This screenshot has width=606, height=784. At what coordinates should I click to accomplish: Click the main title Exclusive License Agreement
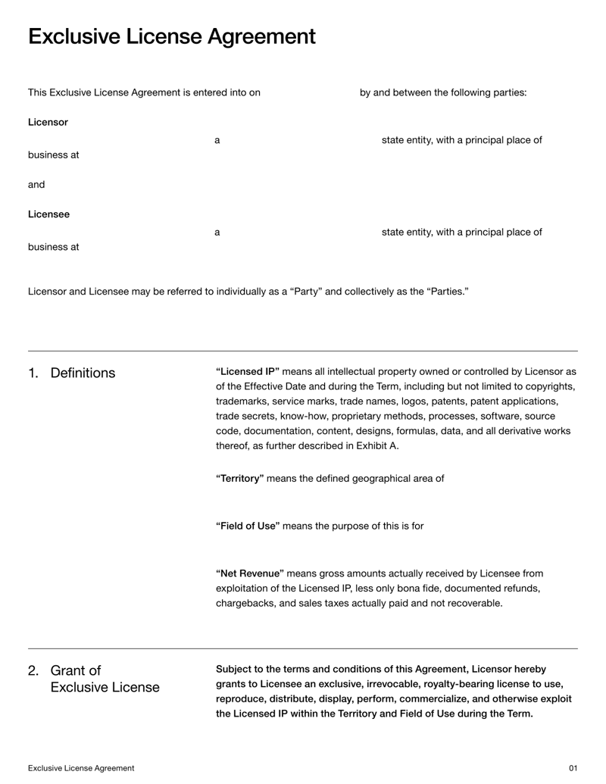(x=172, y=36)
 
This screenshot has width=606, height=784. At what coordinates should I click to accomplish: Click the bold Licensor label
(x=48, y=122)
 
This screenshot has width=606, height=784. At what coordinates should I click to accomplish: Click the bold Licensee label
(x=48, y=214)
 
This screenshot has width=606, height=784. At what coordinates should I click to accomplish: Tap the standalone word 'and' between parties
(x=36, y=184)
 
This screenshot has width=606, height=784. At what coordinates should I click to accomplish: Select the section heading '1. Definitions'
(x=72, y=373)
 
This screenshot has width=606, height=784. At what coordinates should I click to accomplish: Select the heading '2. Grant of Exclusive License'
(x=94, y=679)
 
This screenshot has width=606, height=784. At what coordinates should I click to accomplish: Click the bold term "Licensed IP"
(x=248, y=371)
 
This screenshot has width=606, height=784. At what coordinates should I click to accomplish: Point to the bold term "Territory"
(x=240, y=479)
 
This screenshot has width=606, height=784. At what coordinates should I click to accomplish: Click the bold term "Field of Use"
(x=248, y=526)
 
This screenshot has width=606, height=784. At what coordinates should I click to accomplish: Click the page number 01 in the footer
(x=573, y=768)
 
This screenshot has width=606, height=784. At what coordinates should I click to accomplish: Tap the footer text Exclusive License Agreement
(x=81, y=768)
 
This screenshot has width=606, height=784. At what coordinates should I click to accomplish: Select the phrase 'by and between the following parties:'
(x=443, y=92)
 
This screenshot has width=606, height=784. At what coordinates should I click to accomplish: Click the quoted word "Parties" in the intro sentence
(x=447, y=291)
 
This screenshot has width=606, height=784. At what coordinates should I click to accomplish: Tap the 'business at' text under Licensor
(x=54, y=155)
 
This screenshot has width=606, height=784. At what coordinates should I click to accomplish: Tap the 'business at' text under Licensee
(x=54, y=247)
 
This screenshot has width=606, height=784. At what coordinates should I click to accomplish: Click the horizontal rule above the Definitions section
(x=303, y=351)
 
